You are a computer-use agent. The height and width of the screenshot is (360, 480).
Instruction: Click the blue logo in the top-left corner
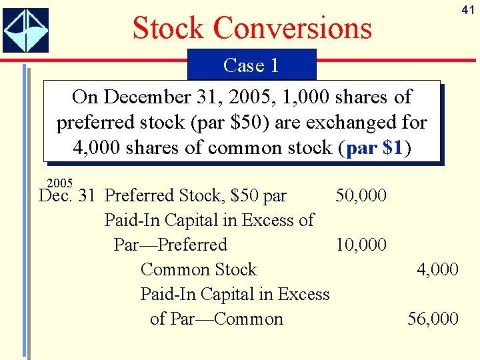coord(25,30)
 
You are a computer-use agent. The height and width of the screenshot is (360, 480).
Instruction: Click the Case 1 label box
coord(251,65)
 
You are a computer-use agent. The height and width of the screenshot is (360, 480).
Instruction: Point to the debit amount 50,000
coord(361,195)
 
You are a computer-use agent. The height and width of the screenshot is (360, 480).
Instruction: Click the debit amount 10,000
coord(361,245)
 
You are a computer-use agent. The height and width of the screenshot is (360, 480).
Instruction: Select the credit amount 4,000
coord(437,269)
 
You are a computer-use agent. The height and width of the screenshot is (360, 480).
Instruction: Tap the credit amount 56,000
coord(433,319)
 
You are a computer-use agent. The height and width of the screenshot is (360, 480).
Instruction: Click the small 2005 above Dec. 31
coord(61,183)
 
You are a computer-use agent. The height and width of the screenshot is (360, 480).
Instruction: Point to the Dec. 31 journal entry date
coord(67,195)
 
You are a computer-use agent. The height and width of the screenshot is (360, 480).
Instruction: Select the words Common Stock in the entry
coord(198,269)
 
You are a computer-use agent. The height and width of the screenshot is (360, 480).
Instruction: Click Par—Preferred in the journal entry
coord(171,245)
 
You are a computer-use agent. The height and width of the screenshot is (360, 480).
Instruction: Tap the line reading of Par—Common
coord(217,319)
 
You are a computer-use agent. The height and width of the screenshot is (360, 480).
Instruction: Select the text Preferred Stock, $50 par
coord(196,195)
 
